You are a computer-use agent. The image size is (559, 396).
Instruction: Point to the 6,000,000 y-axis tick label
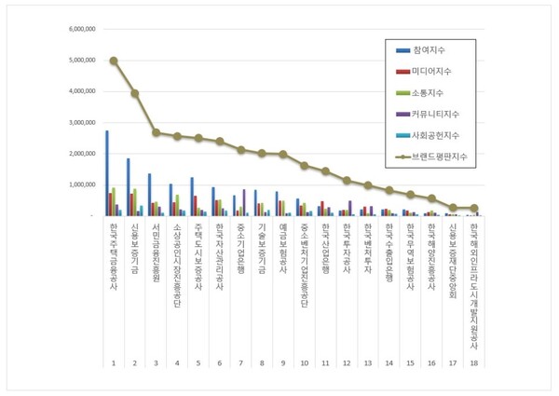[x=82, y=29]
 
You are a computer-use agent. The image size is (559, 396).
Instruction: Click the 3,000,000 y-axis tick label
[x=82, y=122]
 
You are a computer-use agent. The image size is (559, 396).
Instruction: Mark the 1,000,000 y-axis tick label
[x=82, y=184]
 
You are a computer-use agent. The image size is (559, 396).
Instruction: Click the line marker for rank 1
[x=114, y=61]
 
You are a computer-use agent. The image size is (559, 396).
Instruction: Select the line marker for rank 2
[x=135, y=93]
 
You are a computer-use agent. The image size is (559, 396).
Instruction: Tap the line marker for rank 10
[x=304, y=165]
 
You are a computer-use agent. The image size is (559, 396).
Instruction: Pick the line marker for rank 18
[x=474, y=208]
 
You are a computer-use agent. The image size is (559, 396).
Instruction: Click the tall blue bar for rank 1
[x=106, y=173]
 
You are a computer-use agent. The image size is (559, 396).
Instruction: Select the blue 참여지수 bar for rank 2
[x=128, y=187]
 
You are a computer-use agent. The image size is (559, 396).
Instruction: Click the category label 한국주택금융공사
[x=114, y=253]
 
